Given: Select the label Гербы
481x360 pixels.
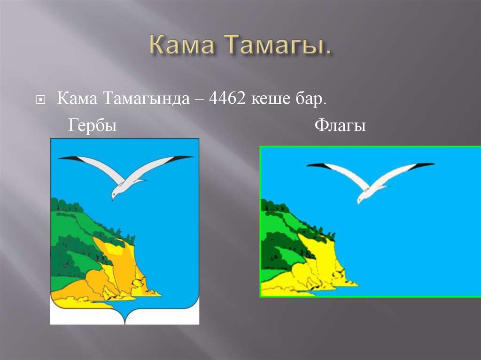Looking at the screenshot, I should (x=93, y=126).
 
